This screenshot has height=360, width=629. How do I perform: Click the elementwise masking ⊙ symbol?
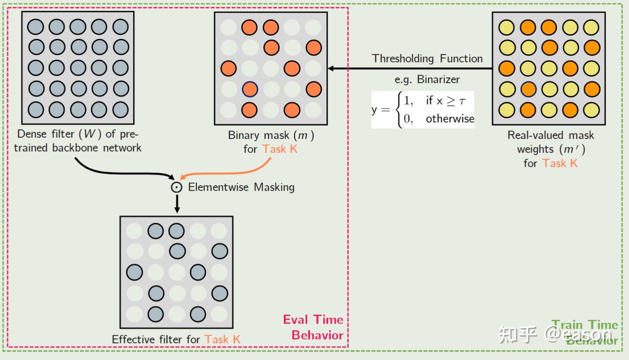(x=177, y=187)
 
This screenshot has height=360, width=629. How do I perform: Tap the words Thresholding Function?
(x=427, y=58)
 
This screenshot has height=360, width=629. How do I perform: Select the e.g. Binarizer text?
(x=427, y=80)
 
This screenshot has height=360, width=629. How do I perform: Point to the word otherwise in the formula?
(x=450, y=119)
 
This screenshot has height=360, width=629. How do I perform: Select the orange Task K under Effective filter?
(x=223, y=339)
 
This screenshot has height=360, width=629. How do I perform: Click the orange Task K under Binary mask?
(x=280, y=149)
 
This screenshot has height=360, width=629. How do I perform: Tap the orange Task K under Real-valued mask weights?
(x=560, y=163)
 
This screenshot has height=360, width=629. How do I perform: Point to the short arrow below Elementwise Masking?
(x=177, y=204)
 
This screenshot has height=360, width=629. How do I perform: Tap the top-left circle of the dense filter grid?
(x=35, y=27)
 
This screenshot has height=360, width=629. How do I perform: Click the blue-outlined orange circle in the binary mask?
(x=250, y=89)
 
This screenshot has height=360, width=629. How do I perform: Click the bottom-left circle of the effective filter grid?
(x=135, y=314)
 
